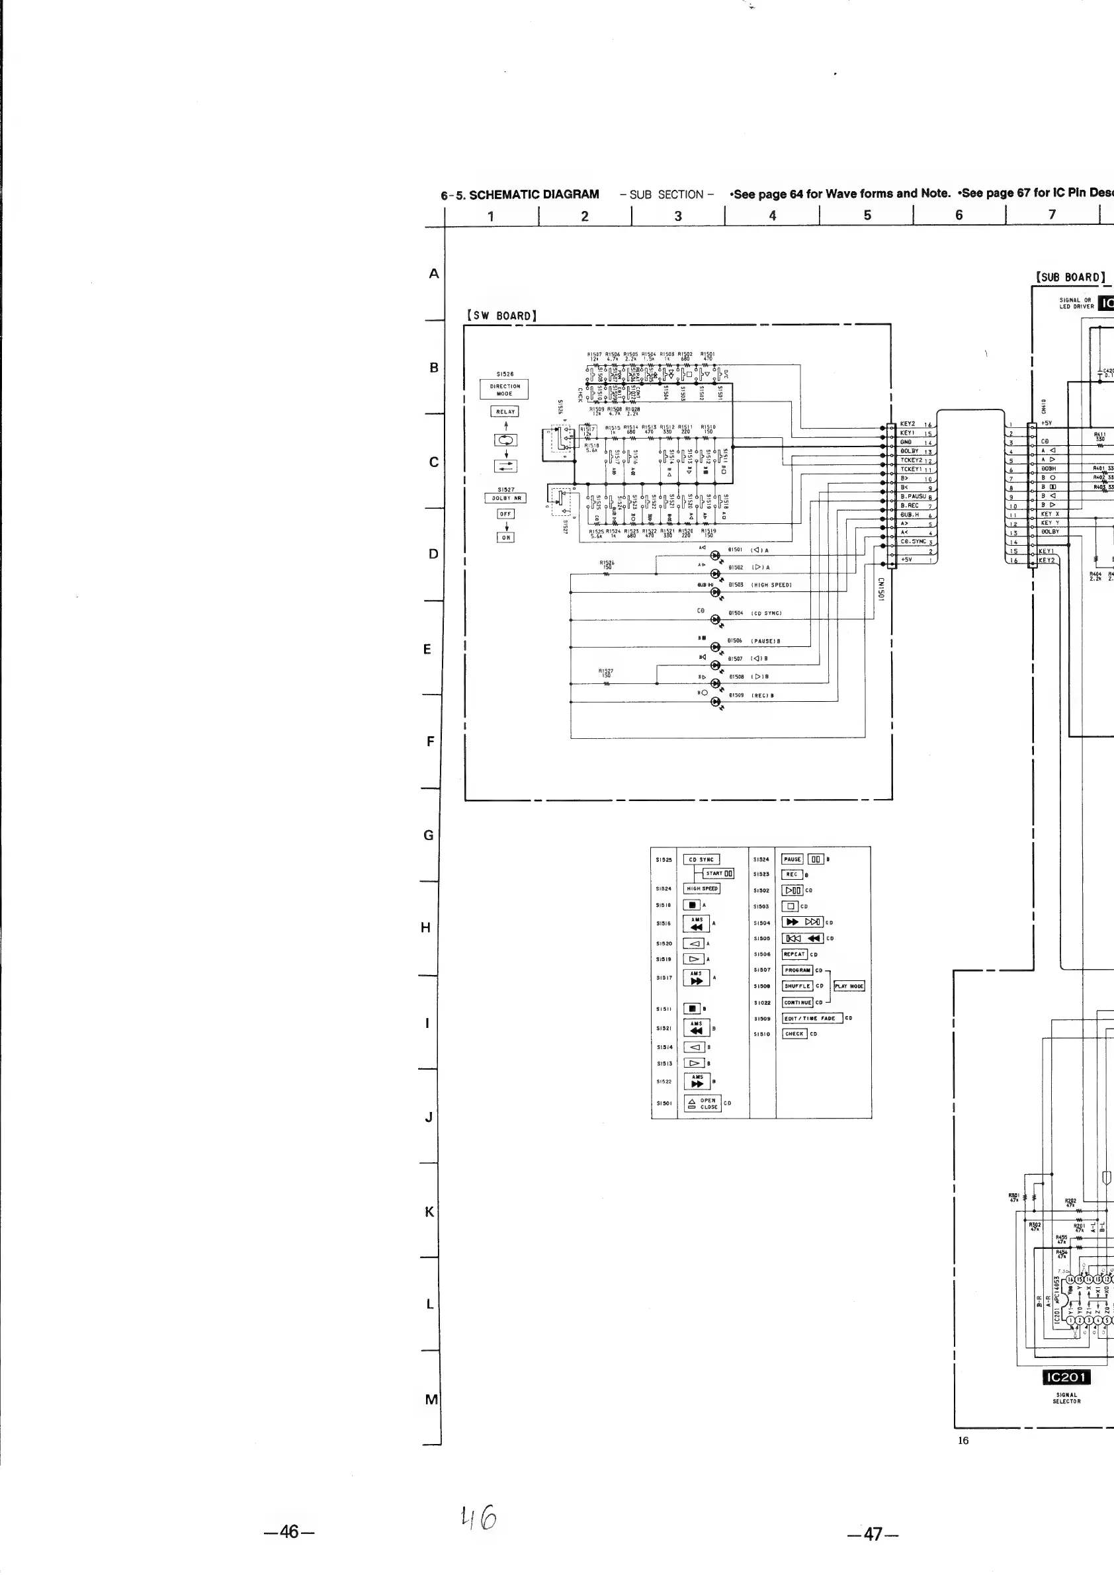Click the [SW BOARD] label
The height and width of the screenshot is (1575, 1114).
[x=501, y=316]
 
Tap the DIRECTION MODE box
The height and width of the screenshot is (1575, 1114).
[x=504, y=390]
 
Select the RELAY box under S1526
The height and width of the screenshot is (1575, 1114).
[x=505, y=411]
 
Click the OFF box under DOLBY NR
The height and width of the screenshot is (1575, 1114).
[x=505, y=514]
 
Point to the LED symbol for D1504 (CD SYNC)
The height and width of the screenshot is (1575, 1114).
[x=716, y=619]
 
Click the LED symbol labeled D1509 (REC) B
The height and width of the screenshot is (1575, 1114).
[x=716, y=701]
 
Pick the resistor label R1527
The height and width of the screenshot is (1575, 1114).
[x=606, y=673]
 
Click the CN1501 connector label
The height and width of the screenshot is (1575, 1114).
[x=880, y=589]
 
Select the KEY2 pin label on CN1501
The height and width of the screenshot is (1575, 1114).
[x=908, y=424]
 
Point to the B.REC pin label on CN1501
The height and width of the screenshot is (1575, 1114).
[x=910, y=505]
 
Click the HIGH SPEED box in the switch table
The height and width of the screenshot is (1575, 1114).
[x=701, y=888]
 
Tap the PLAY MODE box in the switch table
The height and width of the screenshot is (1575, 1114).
[x=849, y=986]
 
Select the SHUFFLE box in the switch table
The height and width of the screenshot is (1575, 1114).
[x=797, y=986]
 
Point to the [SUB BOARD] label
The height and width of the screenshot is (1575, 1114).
[x=1070, y=277]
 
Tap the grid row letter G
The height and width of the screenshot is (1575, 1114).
[x=429, y=835]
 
